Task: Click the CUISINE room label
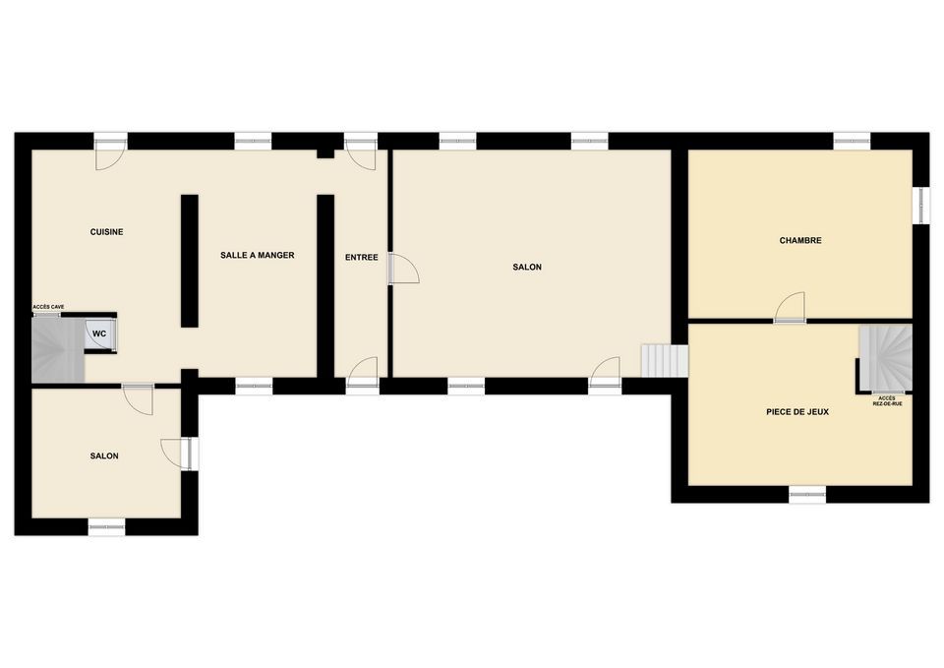coord(106,232)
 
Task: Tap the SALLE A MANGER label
coord(257,256)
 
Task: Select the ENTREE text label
coord(361,257)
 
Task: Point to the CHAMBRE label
coord(800,240)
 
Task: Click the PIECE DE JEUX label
coord(797,412)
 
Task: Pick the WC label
coord(99,334)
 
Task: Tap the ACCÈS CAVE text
coord(48,307)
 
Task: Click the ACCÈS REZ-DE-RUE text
coord(887,401)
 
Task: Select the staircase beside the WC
coord(58,350)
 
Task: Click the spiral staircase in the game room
coord(886,358)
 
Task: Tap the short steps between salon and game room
coord(665,361)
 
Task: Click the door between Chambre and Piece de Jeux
coord(790,308)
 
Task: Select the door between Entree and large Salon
coord(403,268)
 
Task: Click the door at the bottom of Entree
coord(363,376)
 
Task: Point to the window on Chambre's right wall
coord(920,206)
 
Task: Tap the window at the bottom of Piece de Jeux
coord(807,495)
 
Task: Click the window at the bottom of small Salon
coord(106,526)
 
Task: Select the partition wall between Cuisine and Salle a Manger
coord(190,261)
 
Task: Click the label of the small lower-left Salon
coord(104,455)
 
